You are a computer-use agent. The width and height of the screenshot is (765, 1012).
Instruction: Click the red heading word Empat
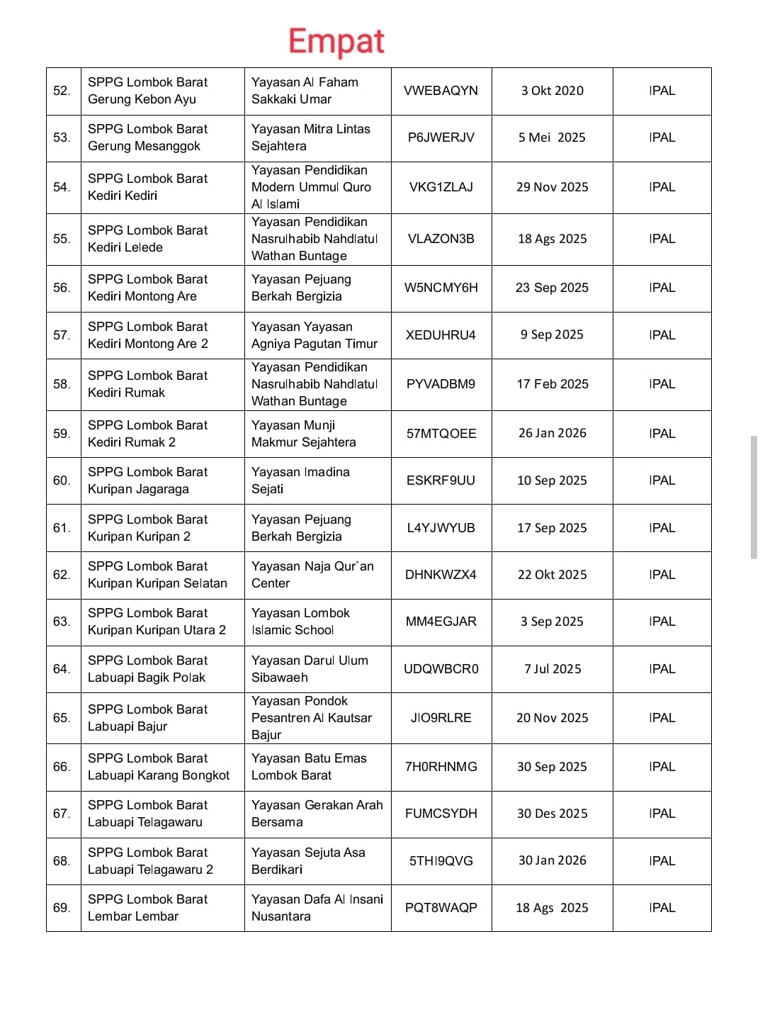pos(336,41)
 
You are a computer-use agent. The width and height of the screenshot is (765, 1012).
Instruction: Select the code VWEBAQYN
pos(441,91)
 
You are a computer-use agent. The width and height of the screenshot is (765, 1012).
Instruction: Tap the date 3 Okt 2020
pos(552,91)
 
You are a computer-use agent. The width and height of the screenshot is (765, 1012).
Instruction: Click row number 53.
pos(62,137)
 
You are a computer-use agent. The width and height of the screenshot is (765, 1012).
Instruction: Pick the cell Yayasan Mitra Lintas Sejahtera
pos(311,137)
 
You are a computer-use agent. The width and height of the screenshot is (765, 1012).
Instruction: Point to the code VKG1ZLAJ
pos(441,187)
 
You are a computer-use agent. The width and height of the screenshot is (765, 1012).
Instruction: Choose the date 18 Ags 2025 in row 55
pos(552,239)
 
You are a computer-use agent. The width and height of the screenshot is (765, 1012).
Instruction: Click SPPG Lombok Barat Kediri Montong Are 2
pos(148,335)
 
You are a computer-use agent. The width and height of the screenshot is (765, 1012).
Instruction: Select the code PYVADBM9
pos(441,384)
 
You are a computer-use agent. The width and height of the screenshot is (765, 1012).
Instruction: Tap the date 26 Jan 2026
pos(552,433)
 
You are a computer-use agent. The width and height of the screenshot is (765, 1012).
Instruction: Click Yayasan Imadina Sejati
pos(300,480)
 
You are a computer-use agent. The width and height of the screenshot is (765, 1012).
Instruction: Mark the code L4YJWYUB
pos(441,528)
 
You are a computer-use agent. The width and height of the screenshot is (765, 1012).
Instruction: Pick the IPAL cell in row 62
pos(662,575)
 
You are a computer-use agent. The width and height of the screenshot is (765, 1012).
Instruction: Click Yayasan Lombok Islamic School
pos(300,622)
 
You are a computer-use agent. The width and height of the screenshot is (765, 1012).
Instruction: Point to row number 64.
pos(62,669)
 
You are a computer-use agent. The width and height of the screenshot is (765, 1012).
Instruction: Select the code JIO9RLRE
pos(441,718)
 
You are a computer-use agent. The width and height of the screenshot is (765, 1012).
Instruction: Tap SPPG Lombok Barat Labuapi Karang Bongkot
pos(159,767)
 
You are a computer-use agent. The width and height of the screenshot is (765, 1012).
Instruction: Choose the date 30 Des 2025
pos(552,814)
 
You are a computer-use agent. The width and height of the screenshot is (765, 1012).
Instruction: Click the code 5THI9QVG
pos(441,861)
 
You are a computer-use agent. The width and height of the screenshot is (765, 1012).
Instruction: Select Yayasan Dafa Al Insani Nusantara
pos(317,908)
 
